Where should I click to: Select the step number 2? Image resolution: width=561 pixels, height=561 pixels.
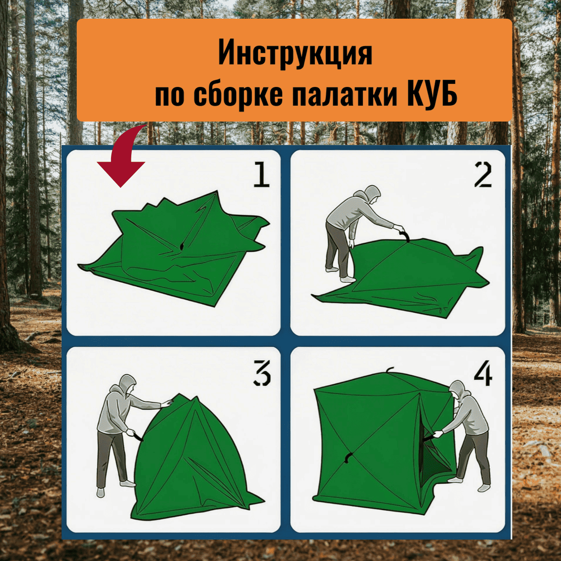click(x=483, y=175)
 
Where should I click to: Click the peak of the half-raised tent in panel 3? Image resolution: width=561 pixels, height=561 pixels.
click(x=180, y=395)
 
